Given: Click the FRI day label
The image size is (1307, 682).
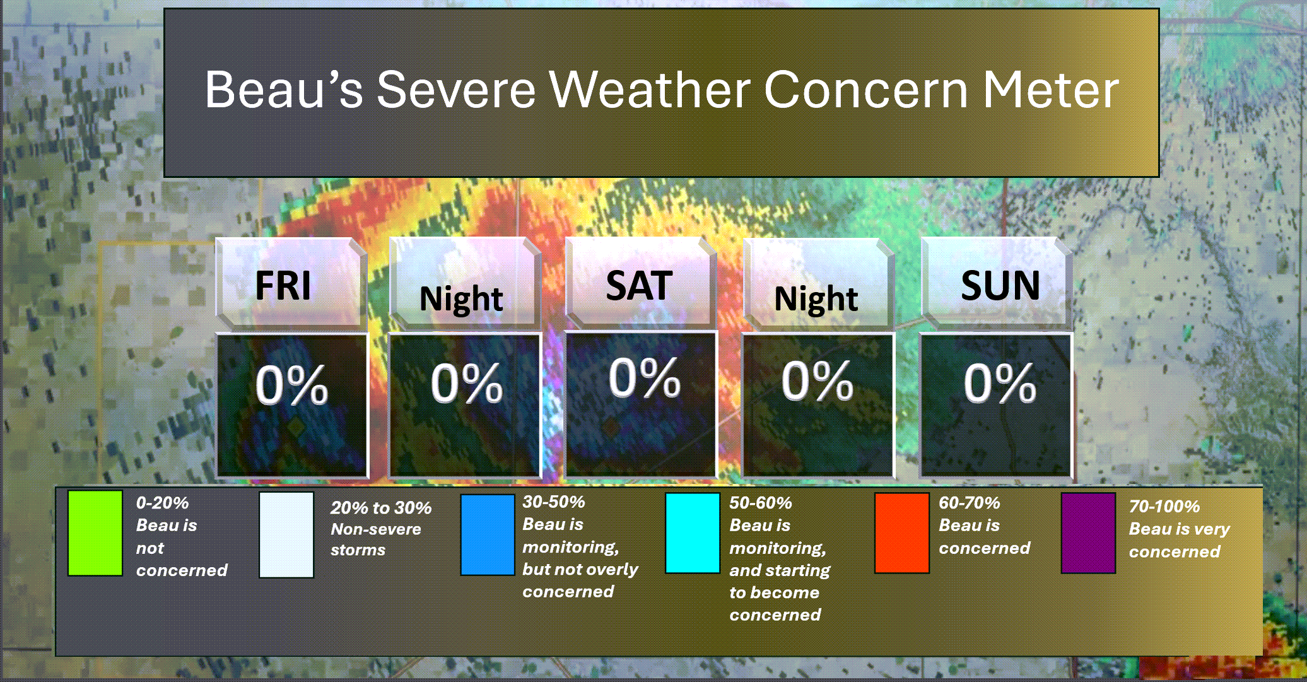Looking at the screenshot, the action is (283, 286).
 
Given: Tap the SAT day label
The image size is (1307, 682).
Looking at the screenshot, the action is (639, 286).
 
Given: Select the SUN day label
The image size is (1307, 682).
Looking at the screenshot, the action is (1000, 286).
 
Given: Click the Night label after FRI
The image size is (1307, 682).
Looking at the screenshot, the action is (461, 299).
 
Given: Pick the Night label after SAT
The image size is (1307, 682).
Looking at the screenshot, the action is (816, 299).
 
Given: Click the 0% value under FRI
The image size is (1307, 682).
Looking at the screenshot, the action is (291, 385).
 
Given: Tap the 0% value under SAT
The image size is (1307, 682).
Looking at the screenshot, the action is (644, 378).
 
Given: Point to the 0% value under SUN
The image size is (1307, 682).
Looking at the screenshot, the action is (1000, 383).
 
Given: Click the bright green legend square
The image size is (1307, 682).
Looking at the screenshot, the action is (95, 533).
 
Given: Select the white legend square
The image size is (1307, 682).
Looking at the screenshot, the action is (286, 535).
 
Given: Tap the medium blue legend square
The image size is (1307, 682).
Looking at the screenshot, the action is (488, 535).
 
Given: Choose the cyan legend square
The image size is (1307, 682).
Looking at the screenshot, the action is (693, 533).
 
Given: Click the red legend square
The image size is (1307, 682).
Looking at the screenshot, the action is (902, 533).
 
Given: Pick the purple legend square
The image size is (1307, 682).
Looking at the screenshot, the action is (1088, 533).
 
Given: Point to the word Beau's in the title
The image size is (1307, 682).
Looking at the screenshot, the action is (284, 90).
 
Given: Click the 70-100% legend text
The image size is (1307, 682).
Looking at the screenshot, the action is (1164, 507).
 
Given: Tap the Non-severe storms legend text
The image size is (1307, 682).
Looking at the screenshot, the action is (376, 539).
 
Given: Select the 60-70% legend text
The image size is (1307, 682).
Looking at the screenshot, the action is (969, 503).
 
